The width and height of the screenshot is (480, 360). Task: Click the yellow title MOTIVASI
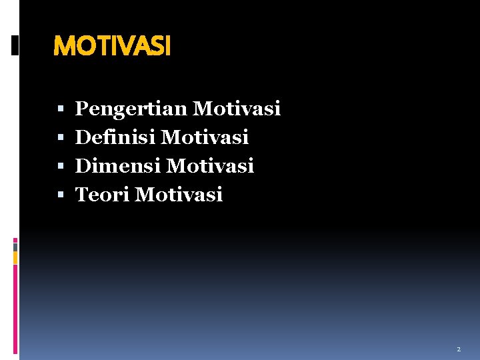pos(112,46)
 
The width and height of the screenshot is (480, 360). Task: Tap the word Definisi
pos(115,137)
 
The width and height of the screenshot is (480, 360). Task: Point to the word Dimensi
pos(118,165)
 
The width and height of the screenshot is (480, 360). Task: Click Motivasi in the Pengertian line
pos(237,108)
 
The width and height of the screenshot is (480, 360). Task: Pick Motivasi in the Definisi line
pos(205,137)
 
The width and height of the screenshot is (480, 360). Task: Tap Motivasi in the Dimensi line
pos(211,165)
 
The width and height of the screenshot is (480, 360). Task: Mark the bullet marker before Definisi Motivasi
pos(61,138)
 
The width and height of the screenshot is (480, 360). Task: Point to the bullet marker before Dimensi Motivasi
pos(61,166)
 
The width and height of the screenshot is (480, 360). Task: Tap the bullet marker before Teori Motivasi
pos(61,195)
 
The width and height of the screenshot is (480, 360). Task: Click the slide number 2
pos(459,349)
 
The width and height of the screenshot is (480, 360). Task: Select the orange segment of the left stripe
pos(15,257)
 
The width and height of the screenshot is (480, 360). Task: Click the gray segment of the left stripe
pos(15,247)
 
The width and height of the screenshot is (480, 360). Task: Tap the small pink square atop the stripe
pos(15,240)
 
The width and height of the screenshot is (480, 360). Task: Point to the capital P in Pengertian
pos(82,108)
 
